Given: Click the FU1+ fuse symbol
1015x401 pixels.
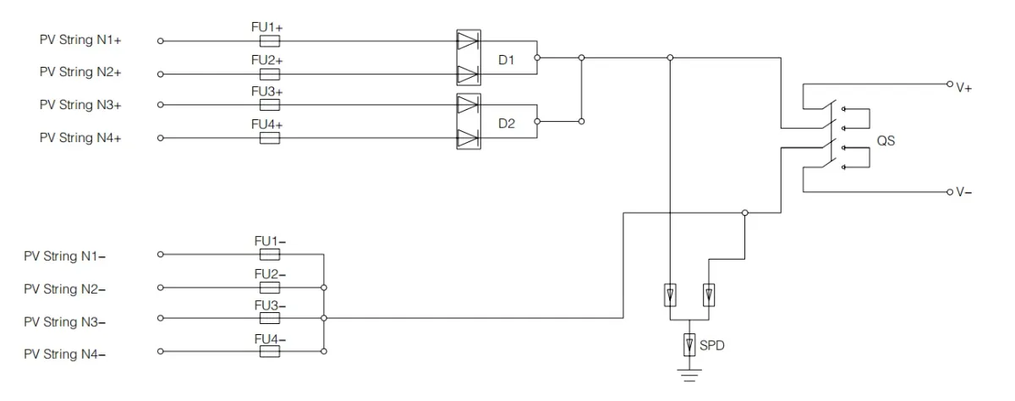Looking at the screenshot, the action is [270, 41].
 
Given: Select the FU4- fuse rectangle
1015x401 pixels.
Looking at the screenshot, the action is [270, 351].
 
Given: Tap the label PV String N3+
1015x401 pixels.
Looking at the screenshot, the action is [80, 105].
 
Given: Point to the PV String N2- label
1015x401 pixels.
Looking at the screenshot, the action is [64, 289].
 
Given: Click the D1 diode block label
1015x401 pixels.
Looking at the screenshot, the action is [506, 60].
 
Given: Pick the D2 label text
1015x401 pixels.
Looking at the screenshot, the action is [507, 124].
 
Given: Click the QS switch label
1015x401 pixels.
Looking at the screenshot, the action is [886, 141].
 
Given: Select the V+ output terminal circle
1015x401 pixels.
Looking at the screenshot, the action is [950, 84].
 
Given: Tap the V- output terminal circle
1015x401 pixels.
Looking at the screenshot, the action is [950, 192].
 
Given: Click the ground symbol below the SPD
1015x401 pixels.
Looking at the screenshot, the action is [689, 376].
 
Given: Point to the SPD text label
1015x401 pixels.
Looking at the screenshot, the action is [712, 345].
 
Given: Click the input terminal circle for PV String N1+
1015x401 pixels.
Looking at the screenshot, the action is [161, 41].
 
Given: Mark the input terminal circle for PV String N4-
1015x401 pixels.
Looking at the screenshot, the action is [161, 351].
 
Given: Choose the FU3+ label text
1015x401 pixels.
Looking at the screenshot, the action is [267, 91].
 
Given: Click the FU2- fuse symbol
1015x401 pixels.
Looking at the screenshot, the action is [270, 288].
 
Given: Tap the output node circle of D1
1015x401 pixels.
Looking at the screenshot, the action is [537, 58].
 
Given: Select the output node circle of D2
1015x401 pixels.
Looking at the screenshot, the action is [537, 122].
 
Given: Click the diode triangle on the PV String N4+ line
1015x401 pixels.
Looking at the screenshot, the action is [468, 138].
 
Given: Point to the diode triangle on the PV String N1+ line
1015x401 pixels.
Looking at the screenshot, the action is [468, 41].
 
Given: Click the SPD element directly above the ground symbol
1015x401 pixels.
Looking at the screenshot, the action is [689, 345].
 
